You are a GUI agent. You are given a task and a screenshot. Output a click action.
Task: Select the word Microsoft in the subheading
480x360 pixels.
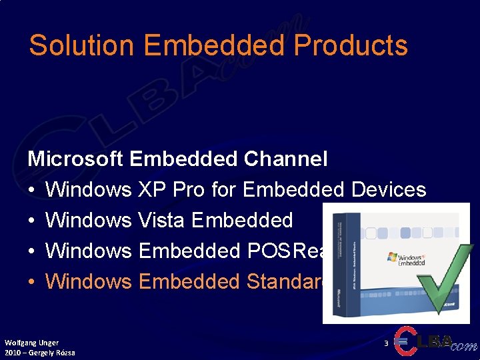tap(75, 159)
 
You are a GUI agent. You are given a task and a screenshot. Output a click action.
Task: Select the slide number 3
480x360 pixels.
tap(386, 343)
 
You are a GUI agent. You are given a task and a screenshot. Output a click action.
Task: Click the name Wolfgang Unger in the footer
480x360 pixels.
tap(31, 343)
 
